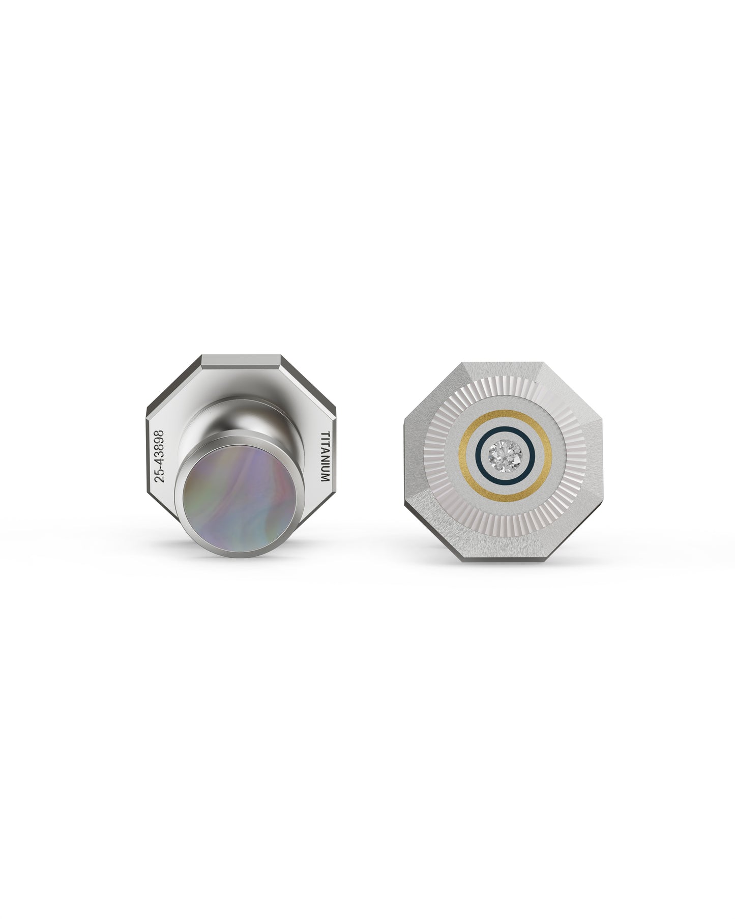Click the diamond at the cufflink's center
[504, 452]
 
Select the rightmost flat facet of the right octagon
[595, 452]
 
